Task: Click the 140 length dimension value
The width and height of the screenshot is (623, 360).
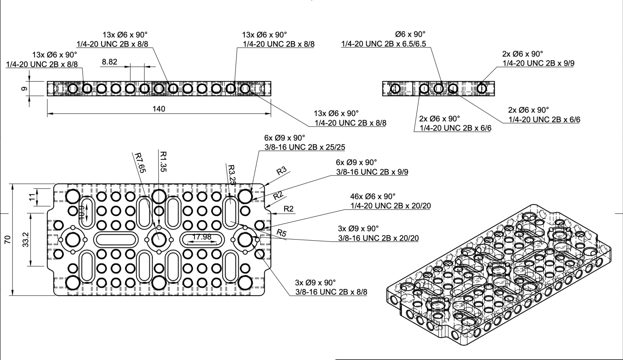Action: coord(159,109)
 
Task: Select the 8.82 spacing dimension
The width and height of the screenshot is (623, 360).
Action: coord(109,62)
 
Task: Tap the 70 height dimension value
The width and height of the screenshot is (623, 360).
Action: coord(8,239)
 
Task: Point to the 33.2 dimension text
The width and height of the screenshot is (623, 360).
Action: coord(25,240)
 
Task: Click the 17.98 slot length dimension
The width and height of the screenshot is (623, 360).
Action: coord(202,237)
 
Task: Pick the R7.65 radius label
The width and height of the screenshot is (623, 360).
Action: coord(139,162)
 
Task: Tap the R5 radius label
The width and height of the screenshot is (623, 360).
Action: coord(281,233)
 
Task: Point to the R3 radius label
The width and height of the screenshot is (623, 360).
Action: coord(281,170)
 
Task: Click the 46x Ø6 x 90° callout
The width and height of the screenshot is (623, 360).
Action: coord(373,196)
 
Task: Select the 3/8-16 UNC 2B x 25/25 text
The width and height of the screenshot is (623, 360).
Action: coord(305,147)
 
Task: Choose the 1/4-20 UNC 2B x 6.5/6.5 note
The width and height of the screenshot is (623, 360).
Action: coord(383,44)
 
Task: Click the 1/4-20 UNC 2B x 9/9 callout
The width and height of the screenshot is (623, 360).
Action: coord(538,63)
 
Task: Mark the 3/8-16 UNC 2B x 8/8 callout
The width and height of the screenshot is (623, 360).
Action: coord(331,292)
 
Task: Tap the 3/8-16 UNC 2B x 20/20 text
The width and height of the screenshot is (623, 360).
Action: coord(378,238)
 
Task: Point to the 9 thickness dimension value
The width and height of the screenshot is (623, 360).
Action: coord(24,89)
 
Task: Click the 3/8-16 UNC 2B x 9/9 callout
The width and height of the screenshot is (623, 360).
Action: coord(372,172)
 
